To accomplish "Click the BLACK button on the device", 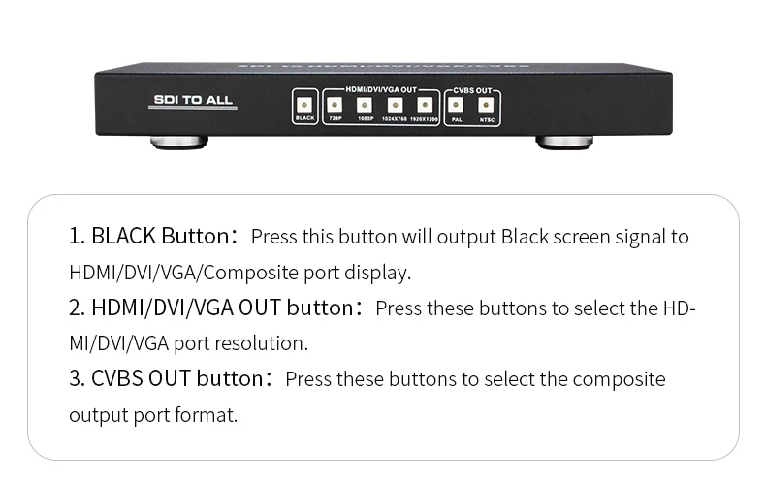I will pyautogui.click(x=304, y=106).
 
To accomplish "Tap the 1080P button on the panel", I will pyautogui.click(x=365, y=106).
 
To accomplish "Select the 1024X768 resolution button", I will pyautogui.click(x=395, y=106).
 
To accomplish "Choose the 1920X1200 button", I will pyautogui.click(x=425, y=106).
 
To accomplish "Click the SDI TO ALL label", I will pyautogui.click(x=194, y=100).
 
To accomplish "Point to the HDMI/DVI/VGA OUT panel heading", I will pyautogui.click(x=381, y=90).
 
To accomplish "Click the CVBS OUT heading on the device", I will pyautogui.click(x=471, y=90).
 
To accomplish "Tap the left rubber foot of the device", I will pyautogui.click(x=179, y=143).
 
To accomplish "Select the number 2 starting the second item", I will pyautogui.click(x=74, y=308).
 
